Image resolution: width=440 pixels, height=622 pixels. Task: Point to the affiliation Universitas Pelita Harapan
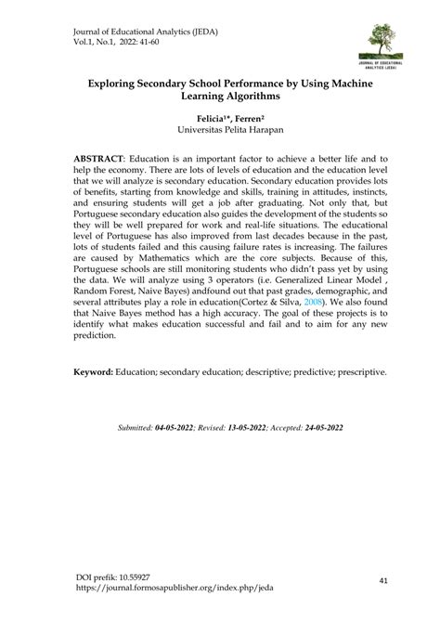[221, 134]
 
